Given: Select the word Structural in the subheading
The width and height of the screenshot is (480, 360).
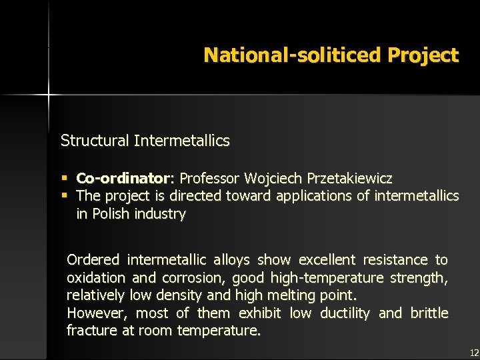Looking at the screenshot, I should point(95,141).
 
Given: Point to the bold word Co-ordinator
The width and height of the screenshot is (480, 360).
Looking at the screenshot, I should point(123,179).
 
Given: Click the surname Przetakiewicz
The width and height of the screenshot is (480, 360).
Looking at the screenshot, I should point(349,179).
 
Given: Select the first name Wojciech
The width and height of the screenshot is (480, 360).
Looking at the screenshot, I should point(273,179).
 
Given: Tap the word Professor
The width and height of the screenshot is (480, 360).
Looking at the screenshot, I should point(210,179).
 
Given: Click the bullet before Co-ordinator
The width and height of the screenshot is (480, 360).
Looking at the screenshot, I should point(65,179).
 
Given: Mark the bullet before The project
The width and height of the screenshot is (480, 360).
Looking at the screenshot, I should point(65,196).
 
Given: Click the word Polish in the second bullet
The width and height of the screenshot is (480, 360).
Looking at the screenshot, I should point(111,214).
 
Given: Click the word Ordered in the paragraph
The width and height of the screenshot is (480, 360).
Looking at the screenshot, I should point(93,259).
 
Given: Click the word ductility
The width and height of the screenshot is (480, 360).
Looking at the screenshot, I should point(345,313).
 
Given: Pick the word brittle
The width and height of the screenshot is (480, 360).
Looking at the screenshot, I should point(429,313).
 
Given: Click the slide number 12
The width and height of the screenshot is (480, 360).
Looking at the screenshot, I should point(474,352).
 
